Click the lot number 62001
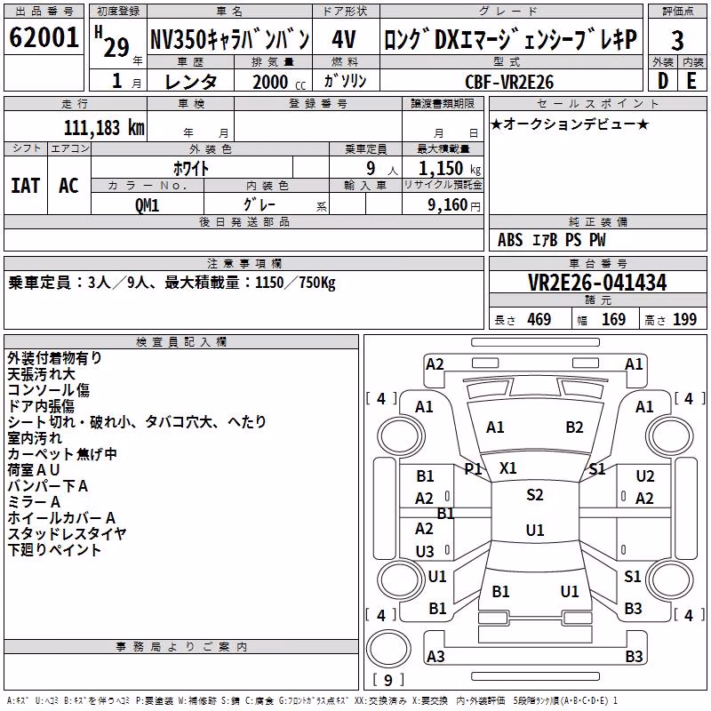click(x=44, y=37)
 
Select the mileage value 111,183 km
click(x=104, y=128)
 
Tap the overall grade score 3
click(x=677, y=41)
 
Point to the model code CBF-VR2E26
click(x=509, y=82)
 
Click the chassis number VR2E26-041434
click(x=597, y=283)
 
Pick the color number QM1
click(x=147, y=205)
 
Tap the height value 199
click(x=684, y=319)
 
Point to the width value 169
click(x=613, y=319)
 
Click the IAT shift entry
click(x=26, y=186)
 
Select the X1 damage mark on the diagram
click(x=507, y=468)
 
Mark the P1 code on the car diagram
click(x=473, y=468)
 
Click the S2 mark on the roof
click(x=535, y=495)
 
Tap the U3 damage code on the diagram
click(x=425, y=551)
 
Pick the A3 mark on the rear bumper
click(x=435, y=656)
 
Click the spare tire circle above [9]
click(x=388, y=649)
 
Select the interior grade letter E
click(x=691, y=81)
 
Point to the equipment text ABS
click(x=510, y=240)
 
